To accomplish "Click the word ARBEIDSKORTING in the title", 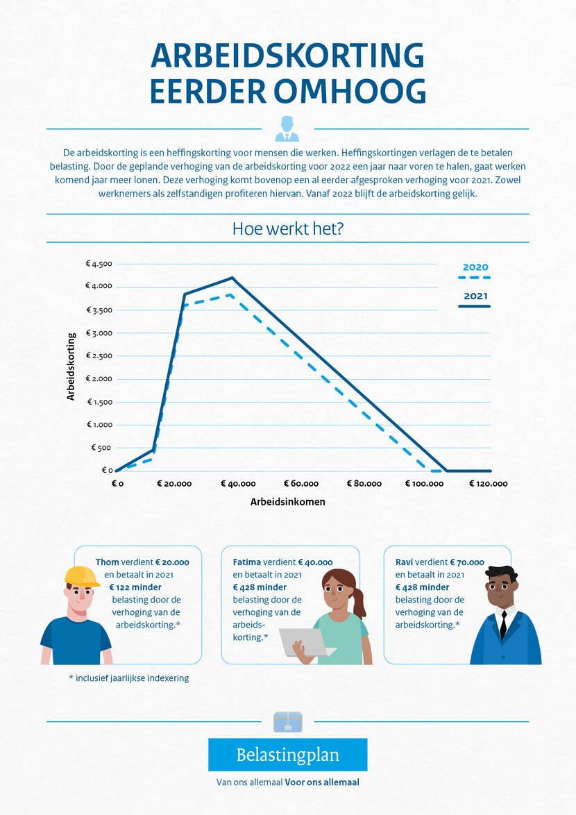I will pyautogui.click(x=287, y=56).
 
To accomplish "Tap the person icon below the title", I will pyautogui.click(x=287, y=129).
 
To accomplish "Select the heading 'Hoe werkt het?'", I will pyautogui.click(x=287, y=228).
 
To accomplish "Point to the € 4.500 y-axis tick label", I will pyautogui.click(x=99, y=264).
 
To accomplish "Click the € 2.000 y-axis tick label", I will pyautogui.click(x=99, y=379).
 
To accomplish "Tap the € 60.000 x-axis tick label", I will pyautogui.click(x=301, y=484).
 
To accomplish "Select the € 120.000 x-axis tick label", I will pyautogui.click(x=488, y=484).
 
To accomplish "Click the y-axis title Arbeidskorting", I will pyautogui.click(x=71, y=367).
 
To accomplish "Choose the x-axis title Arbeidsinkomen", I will pyautogui.click(x=287, y=501).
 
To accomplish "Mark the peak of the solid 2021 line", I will pyautogui.click(x=232, y=278).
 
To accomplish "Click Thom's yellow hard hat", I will pyautogui.click(x=81, y=576).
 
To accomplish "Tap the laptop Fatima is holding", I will pyautogui.click(x=304, y=641).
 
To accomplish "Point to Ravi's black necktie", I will pyautogui.click(x=503, y=624).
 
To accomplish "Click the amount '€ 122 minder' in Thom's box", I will pyautogui.click(x=135, y=587).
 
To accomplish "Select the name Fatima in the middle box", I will pyautogui.click(x=246, y=562).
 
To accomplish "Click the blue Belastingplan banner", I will pyautogui.click(x=287, y=755).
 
